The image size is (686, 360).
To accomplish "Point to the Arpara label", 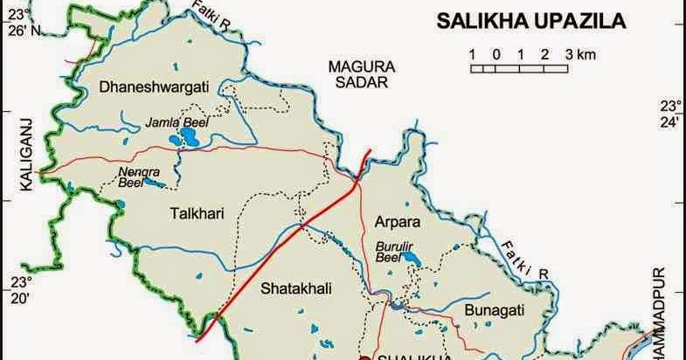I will tap(397, 221).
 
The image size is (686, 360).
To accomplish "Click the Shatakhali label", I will tap(296, 286).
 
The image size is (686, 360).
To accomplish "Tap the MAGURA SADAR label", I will tap(362, 74).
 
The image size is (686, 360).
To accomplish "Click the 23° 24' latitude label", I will tap(669, 114).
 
